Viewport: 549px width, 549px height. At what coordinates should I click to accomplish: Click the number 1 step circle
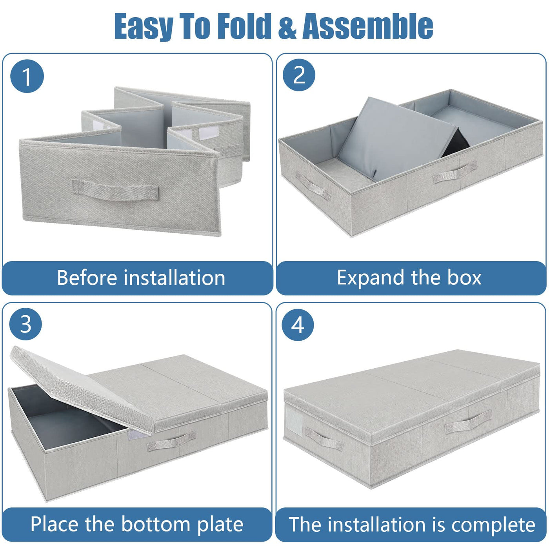tap(27, 76)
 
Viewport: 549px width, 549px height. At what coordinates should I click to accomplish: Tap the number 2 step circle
tap(299, 75)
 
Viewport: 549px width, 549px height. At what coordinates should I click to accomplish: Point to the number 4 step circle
tap(298, 325)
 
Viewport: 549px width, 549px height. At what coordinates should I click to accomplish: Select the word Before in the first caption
tap(87, 277)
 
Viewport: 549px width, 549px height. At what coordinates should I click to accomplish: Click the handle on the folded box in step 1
tap(115, 189)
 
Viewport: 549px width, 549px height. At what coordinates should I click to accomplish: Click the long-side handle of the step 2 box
tap(455, 172)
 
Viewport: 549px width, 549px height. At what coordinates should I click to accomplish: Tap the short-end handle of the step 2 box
tap(313, 186)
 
